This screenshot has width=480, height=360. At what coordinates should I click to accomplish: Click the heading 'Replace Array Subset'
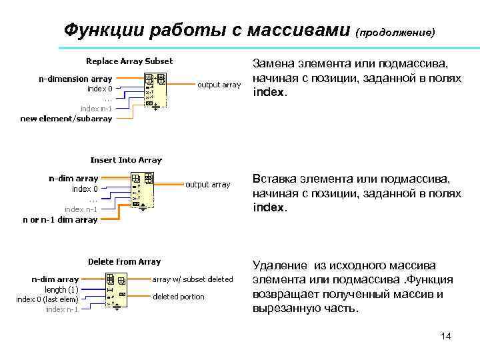pos(129,61)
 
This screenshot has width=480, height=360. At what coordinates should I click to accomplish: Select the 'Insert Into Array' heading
pos(126,160)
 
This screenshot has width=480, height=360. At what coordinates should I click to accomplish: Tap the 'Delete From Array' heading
pos(125,262)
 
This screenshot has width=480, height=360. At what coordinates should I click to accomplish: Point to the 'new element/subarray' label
pos(66,119)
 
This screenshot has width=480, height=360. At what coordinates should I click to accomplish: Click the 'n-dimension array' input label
pos(75,79)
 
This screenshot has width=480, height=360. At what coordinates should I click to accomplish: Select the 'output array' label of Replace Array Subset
pos(219,85)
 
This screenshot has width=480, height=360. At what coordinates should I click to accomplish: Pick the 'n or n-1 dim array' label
pos(60,219)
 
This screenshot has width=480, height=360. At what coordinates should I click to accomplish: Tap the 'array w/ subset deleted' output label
pos(193,279)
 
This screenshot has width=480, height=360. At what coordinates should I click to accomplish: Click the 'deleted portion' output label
pos(179,297)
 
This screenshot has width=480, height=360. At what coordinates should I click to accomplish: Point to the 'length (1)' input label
pos(62,289)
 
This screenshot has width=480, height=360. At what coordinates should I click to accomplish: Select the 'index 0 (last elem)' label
pos(47,299)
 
